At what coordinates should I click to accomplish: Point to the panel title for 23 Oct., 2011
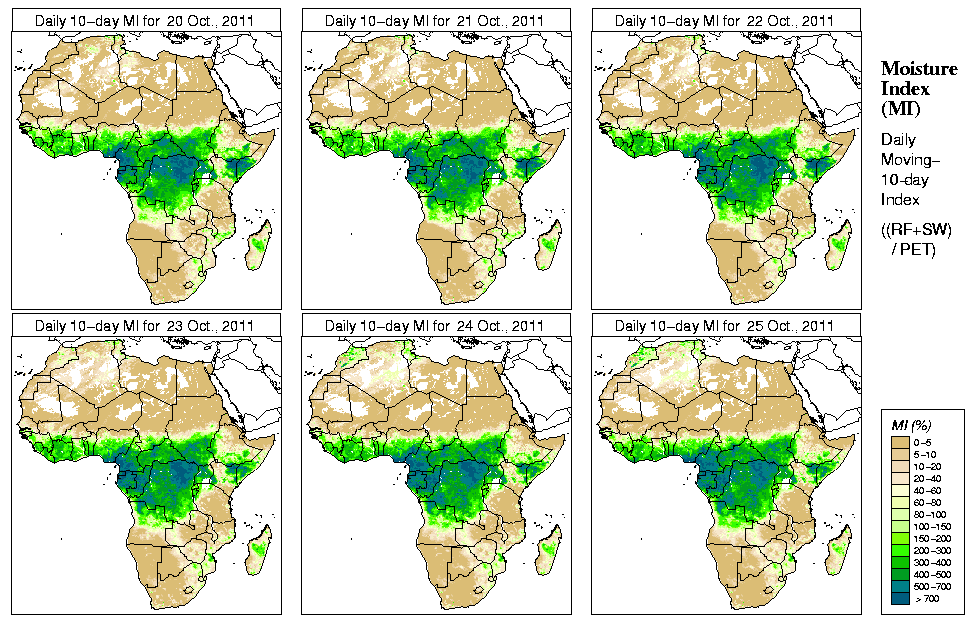point(144,326)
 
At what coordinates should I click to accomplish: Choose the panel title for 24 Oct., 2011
point(434,326)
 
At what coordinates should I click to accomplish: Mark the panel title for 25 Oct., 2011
point(724,326)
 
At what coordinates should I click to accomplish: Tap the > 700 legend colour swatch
point(899,599)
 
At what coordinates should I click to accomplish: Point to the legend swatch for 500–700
point(899,587)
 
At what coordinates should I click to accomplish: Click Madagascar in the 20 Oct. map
point(259,242)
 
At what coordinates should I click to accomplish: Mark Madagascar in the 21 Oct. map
point(549,242)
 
